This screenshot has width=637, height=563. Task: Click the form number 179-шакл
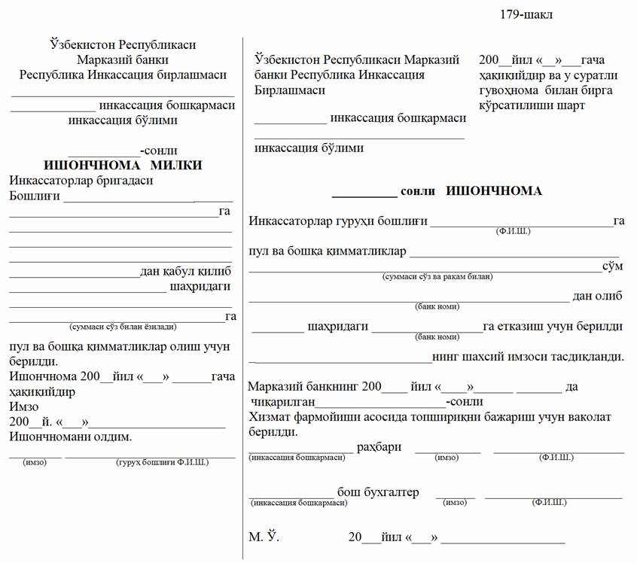click(x=526, y=15)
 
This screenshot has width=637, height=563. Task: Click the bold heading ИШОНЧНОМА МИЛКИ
click(x=123, y=166)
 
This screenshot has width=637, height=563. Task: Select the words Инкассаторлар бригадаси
click(x=81, y=181)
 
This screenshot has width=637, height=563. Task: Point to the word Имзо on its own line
click(x=23, y=406)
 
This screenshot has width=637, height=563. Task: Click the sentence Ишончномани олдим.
click(x=70, y=437)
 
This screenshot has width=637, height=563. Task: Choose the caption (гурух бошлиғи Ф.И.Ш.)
click(x=162, y=462)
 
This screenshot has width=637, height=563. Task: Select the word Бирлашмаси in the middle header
click(x=290, y=90)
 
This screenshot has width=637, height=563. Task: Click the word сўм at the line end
click(x=612, y=266)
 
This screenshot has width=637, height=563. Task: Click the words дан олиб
click(x=597, y=296)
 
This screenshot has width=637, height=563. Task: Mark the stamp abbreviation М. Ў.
click(x=264, y=537)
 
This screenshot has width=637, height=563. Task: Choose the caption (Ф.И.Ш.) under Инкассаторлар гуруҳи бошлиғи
click(x=513, y=231)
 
